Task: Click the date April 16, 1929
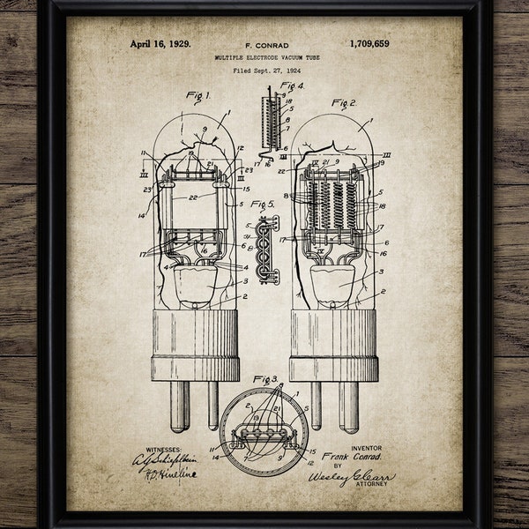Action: [x=160, y=43]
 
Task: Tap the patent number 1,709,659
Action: [x=369, y=43]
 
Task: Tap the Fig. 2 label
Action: [x=343, y=103]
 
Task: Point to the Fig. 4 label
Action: [x=292, y=86]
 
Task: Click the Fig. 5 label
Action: [x=264, y=205]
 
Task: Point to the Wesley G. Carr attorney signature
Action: [x=350, y=477]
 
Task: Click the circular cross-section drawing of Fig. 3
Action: [x=264, y=431]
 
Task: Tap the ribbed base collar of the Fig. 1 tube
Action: [x=195, y=345]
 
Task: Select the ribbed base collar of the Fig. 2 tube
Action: [x=333, y=345]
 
